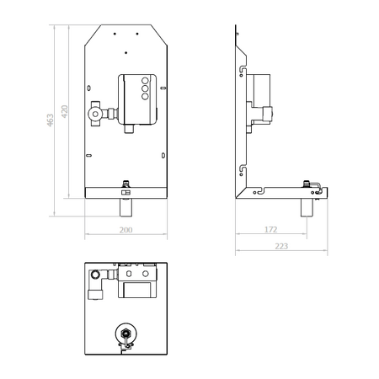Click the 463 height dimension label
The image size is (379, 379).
[x=50, y=120]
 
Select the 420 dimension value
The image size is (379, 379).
[x=64, y=111]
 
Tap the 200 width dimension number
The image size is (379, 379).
[x=125, y=230]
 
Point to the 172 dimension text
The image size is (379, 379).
[x=271, y=229]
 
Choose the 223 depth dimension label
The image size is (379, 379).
[x=281, y=246]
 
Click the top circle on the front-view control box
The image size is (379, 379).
[x=145, y=81]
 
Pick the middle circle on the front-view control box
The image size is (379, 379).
[x=145, y=88]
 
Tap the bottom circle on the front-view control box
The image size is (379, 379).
[x=145, y=97]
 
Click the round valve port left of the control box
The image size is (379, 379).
[x=95, y=114]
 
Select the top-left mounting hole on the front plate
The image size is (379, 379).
[x=115, y=34]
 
